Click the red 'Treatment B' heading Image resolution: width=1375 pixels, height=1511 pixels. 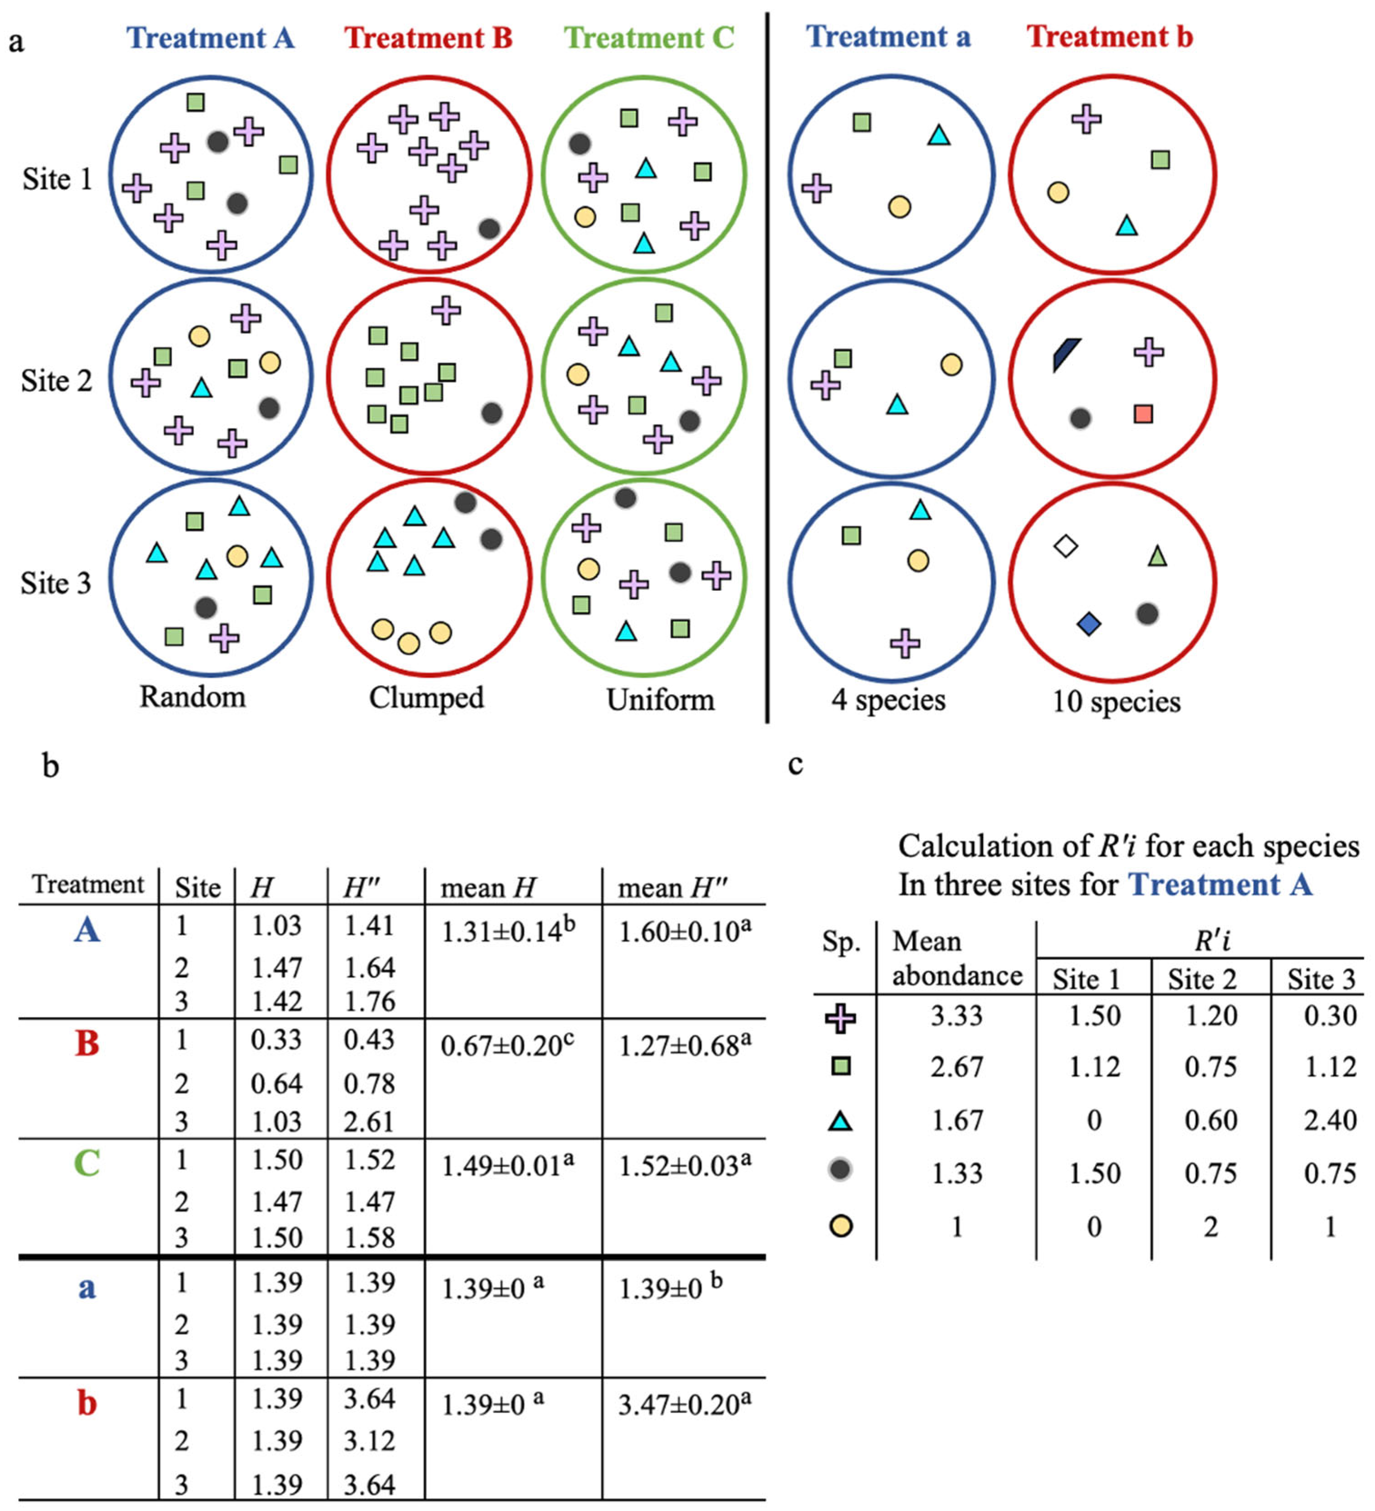(428, 37)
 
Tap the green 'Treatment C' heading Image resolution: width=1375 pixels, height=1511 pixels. (649, 37)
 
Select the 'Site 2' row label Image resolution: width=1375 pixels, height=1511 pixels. (56, 381)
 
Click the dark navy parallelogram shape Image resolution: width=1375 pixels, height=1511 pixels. (1065, 354)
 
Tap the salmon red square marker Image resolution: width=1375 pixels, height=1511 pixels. (1143, 414)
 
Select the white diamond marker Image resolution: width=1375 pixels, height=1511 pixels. (1065, 546)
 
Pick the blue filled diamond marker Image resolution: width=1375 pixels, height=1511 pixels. (1089, 623)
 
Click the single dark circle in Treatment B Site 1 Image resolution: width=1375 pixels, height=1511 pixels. (489, 229)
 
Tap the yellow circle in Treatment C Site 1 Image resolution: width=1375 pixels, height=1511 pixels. (585, 217)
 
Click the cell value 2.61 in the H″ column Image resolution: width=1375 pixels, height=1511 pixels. (369, 1121)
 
